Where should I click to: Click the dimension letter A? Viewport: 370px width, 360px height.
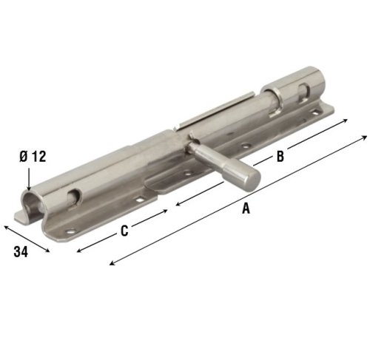pos(245,209)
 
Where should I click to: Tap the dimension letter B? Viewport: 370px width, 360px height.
pos(280,156)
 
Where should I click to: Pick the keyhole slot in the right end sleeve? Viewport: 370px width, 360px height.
pos(303,92)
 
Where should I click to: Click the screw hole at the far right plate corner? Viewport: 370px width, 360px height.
pos(320,112)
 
